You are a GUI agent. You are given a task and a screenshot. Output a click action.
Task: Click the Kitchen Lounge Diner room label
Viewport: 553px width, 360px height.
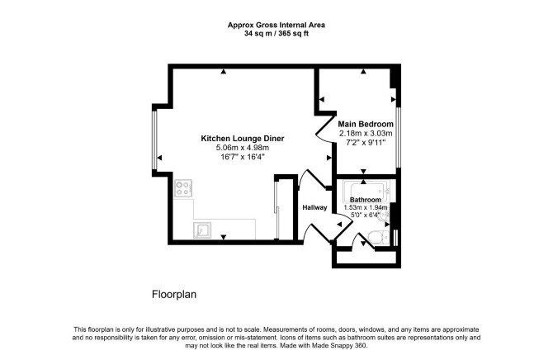click(x=243, y=139)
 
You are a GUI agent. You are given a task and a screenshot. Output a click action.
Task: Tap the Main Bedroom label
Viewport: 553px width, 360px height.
click(x=366, y=124)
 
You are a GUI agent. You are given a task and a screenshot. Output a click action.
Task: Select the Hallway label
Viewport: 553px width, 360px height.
click(x=314, y=207)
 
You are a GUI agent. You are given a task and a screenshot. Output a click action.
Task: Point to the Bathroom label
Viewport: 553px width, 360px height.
click(x=366, y=200)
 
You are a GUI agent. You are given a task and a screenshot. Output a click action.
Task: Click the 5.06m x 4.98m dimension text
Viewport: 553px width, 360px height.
click(x=243, y=148)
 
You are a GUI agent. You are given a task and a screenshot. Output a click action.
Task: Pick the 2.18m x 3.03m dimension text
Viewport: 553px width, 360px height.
click(x=366, y=134)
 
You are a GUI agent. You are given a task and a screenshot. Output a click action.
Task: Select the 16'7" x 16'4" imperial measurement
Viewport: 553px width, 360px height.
click(x=243, y=157)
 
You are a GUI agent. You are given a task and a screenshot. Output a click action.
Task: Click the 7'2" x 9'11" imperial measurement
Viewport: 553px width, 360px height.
click(x=366, y=143)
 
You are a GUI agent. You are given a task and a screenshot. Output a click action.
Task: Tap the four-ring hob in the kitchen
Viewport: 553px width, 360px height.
click(x=183, y=188)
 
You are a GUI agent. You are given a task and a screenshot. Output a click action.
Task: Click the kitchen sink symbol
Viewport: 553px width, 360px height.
click(x=202, y=230)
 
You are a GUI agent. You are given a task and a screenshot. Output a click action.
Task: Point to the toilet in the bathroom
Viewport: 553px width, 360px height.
click(x=378, y=238)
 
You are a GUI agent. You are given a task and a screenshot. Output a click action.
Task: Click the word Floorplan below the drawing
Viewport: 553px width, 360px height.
click(x=174, y=294)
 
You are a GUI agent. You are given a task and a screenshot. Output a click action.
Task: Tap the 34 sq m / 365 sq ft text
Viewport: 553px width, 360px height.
click(x=276, y=34)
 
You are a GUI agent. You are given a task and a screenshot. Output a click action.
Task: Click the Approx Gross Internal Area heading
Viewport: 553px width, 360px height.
click(x=276, y=25)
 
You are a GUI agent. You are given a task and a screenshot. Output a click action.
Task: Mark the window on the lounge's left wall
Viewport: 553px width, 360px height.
click(x=154, y=140)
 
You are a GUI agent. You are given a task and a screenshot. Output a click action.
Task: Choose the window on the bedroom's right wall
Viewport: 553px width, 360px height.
click(x=399, y=137)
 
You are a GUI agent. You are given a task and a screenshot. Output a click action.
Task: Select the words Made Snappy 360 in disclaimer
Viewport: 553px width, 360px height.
click(x=339, y=346)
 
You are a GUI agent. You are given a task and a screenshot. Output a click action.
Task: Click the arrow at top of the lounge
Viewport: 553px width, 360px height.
click(x=223, y=72)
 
